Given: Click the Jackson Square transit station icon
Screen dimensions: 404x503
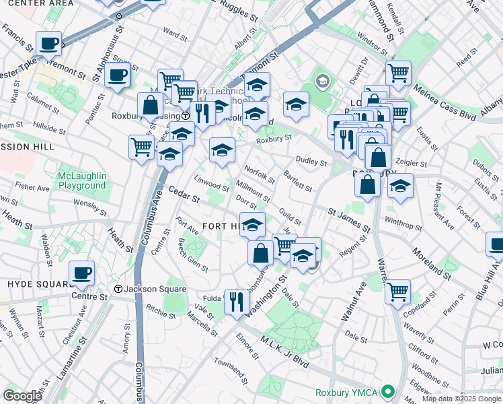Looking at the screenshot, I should pos(118,290).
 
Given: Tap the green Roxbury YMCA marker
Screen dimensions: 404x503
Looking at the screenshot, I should pos(387,391).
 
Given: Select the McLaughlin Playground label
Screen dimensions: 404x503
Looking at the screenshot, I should pos(82,180).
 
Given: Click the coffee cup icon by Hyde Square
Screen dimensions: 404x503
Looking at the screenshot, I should pos(82,273).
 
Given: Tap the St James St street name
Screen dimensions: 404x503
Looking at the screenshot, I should pos(350,220).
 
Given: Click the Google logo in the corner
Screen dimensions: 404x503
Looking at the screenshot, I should pos(22,395).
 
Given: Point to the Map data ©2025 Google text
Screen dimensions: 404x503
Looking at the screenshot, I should pos(461,399).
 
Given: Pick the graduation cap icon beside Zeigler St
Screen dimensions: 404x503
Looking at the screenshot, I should pos(401,186).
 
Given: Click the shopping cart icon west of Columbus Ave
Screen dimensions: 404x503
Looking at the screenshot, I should pos(141,146).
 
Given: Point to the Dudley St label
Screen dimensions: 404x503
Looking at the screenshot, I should pos(311,162).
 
